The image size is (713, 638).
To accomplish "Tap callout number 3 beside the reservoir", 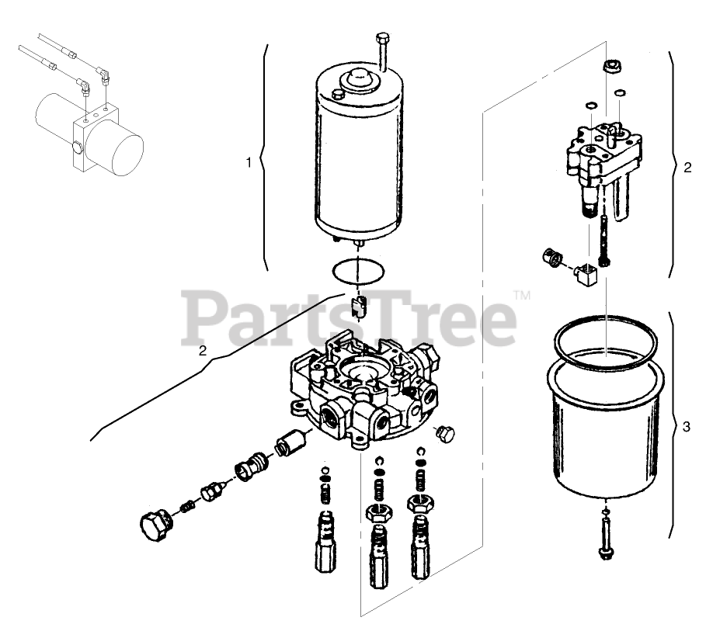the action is coord(686,426).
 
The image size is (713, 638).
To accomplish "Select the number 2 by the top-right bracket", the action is coord(687,167).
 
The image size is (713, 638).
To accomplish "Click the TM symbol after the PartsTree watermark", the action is coord(523,296).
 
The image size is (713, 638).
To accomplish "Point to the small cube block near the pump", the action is coord(583,272).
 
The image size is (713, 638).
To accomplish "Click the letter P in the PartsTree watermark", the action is coord(203,318).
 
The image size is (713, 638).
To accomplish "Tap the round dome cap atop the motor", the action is coord(360,77).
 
